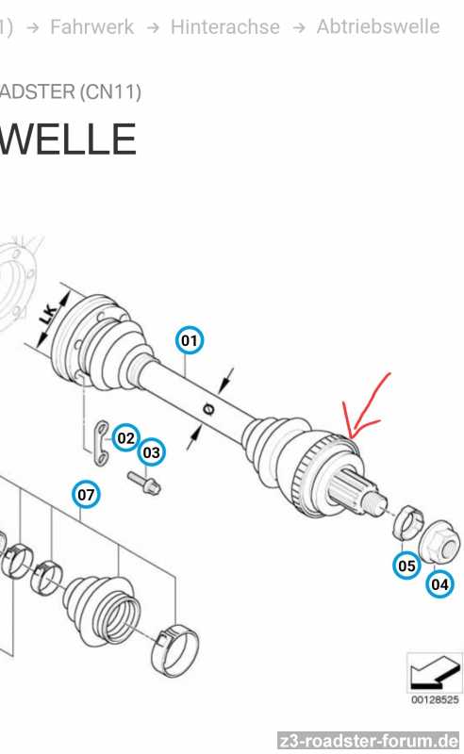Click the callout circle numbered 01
[x=190, y=340]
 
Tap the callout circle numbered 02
[x=126, y=437]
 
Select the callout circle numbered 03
[x=152, y=452]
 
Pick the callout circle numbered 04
[x=439, y=584]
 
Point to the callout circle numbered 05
[x=406, y=565]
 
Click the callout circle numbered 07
[x=86, y=494]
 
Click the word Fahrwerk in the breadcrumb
[x=91, y=27]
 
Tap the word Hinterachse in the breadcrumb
[x=224, y=27]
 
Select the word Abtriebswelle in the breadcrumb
[x=378, y=26]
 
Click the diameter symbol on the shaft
[x=208, y=409]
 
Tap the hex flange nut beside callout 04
[x=439, y=543]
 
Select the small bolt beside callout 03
[x=144, y=483]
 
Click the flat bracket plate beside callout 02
[x=101, y=443]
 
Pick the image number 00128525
[x=435, y=699]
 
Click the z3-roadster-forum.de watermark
[x=368, y=741]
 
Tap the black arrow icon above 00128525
[x=434, y=673]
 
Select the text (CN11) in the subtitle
[x=110, y=91]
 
